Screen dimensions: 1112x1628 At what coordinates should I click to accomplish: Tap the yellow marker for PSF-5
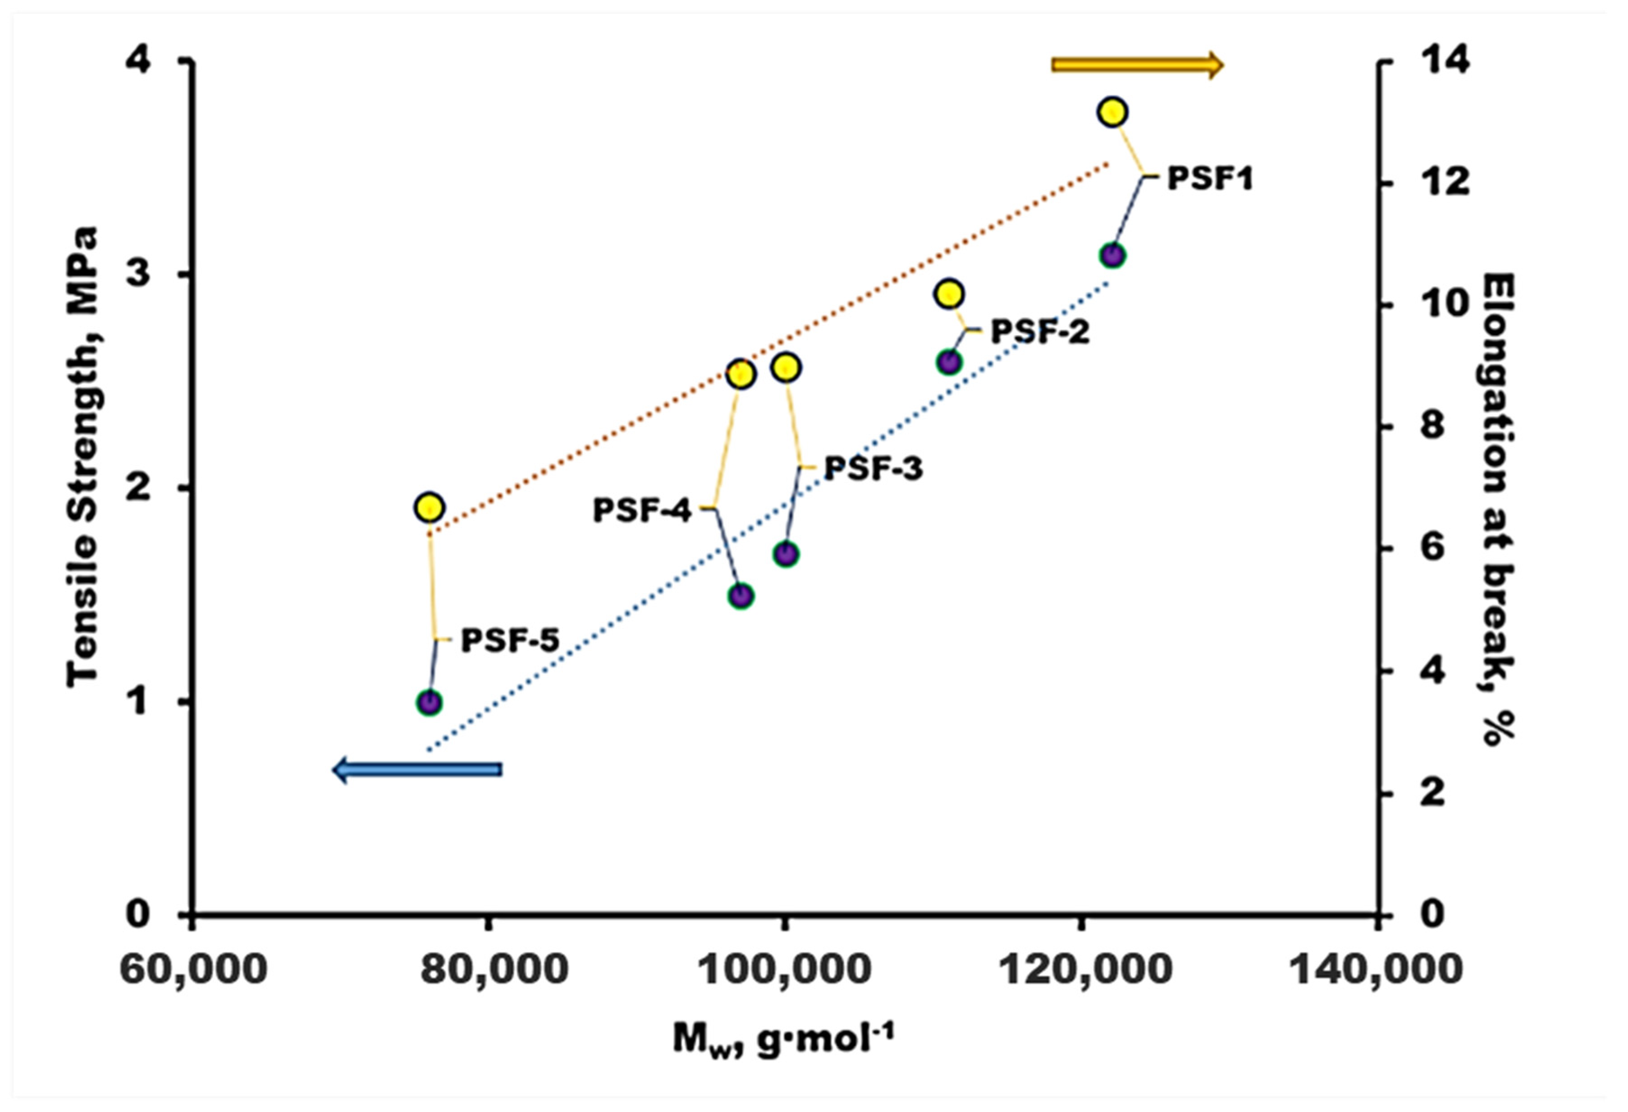(430, 507)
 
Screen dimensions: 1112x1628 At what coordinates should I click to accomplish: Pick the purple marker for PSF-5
(430, 702)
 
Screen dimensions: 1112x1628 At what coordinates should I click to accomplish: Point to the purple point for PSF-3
(786, 554)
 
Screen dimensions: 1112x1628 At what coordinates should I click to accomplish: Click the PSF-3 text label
(873, 468)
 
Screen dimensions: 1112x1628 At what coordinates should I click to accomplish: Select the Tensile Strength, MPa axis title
(82, 455)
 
